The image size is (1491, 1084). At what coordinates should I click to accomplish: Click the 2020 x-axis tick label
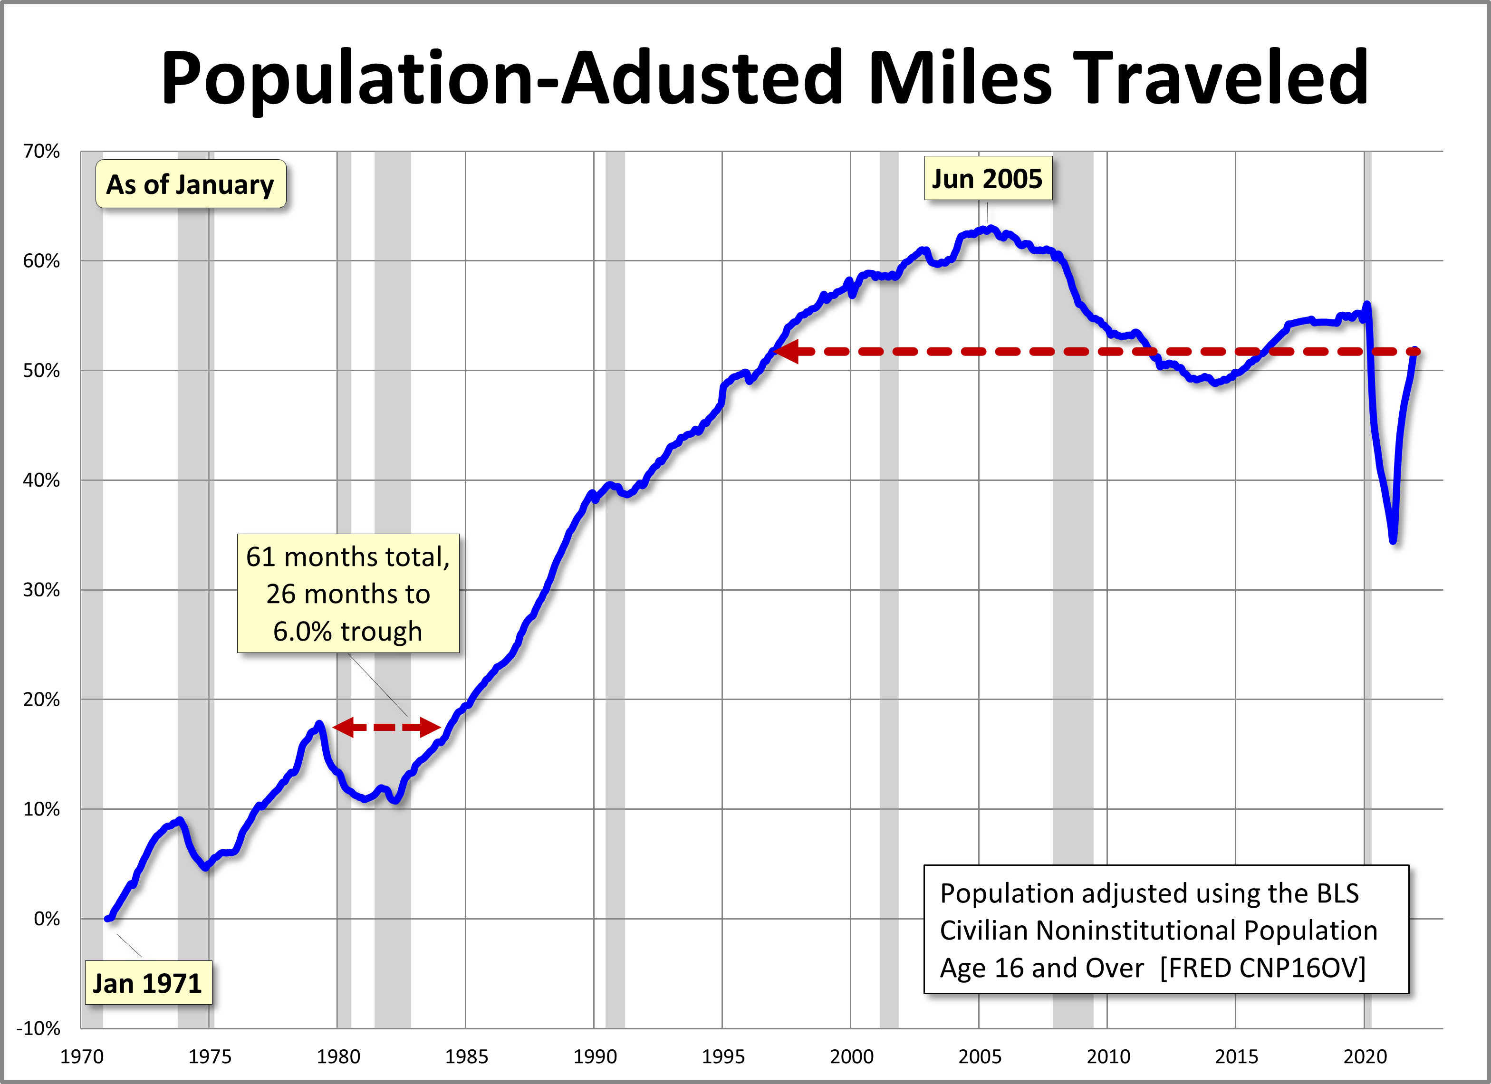(x=1364, y=1056)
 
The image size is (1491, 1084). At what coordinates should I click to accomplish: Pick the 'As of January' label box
(x=191, y=184)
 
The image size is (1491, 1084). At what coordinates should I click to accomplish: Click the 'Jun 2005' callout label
(x=988, y=179)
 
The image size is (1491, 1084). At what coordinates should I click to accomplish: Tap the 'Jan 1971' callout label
(x=148, y=983)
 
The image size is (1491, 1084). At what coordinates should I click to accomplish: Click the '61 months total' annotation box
(x=348, y=593)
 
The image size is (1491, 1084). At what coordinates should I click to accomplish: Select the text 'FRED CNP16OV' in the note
(x=1262, y=968)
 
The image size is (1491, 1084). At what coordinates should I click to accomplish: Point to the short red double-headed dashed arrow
(x=386, y=727)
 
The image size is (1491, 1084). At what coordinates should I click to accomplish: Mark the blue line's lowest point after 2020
(x=1393, y=540)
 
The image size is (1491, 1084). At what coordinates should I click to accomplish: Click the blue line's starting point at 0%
(x=107, y=918)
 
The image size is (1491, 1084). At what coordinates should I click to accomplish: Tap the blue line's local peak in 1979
(x=319, y=724)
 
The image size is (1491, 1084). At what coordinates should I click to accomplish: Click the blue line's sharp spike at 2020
(x=1367, y=304)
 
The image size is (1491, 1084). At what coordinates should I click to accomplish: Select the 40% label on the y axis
(x=41, y=480)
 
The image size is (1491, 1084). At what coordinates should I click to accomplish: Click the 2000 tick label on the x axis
(x=851, y=1056)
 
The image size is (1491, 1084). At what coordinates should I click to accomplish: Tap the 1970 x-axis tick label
(x=82, y=1056)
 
